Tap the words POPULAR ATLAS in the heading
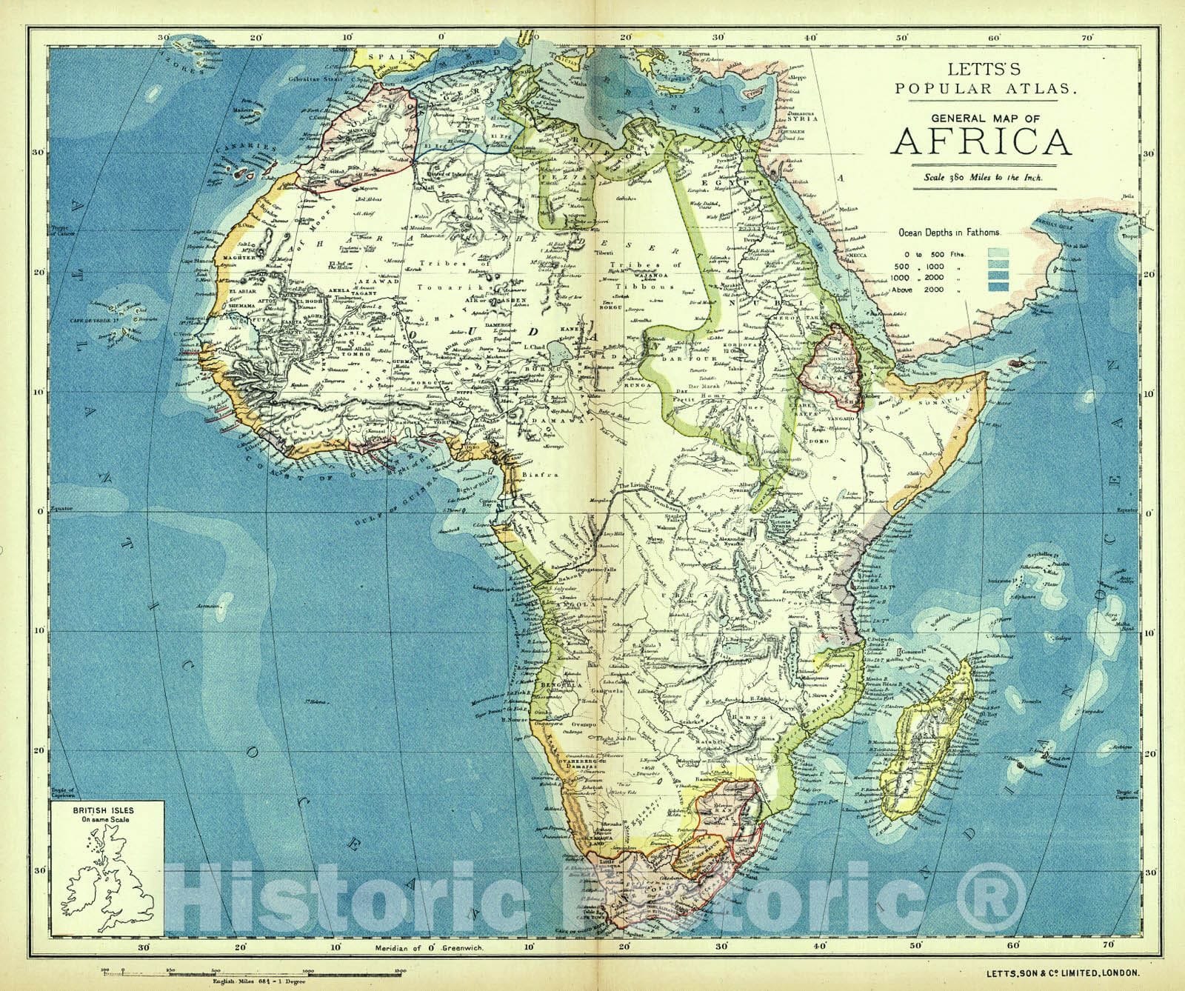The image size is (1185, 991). pyautogui.click(x=981, y=88)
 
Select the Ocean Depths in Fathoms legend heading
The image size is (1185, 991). pyautogui.click(x=949, y=232)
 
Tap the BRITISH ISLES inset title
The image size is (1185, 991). pyautogui.click(x=103, y=810)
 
